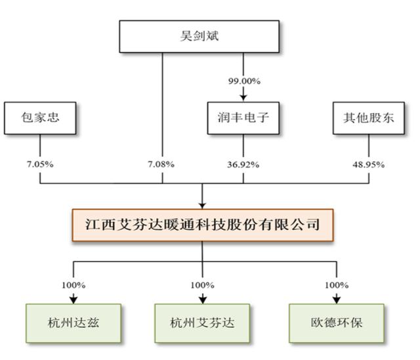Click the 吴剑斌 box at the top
click(x=199, y=36)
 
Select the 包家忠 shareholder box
click(x=40, y=118)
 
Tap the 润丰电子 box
click(x=243, y=118)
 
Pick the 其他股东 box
click(x=369, y=118)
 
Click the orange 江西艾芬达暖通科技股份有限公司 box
click(x=203, y=225)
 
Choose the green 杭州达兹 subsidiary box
click(x=73, y=323)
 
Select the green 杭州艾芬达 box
click(x=202, y=323)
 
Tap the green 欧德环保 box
click(x=337, y=323)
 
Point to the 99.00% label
click(x=244, y=81)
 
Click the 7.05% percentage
click(x=40, y=164)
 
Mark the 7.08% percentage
click(x=161, y=164)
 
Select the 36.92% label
click(x=243, y=165)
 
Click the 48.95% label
click(x=369, y=165)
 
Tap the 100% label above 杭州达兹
click(x=73, y=285)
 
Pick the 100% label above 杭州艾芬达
click(x=203, y=285)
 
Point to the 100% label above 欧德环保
click(x=337, y=285)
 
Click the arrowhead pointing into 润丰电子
click(x=243, y=98)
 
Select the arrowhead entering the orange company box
click(x=202, y=206)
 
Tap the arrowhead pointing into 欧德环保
click(x=337, y=300)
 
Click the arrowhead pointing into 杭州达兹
click(x=73, y=300)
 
